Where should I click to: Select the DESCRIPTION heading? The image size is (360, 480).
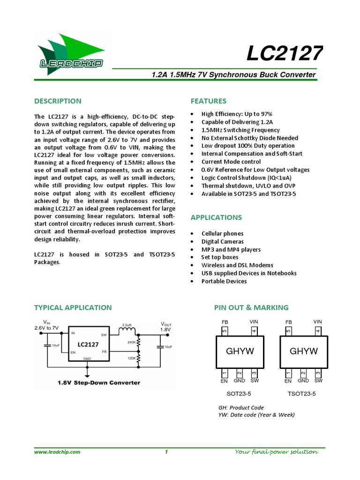[58, 101]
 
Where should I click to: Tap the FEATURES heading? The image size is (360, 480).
[208, 101]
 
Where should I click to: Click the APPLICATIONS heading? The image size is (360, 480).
[216, 217]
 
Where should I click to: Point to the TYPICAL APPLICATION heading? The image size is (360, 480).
[73, 307]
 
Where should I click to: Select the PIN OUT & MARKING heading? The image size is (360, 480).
[251, 307]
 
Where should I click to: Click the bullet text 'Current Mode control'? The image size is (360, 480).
[231, 162]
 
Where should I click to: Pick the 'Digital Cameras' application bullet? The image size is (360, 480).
[222, 241]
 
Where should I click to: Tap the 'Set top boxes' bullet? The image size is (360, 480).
[219, 257]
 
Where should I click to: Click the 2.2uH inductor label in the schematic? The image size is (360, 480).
[127, 324]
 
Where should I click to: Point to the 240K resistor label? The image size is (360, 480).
[131, 343]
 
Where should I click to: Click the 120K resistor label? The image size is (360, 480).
[131, 359]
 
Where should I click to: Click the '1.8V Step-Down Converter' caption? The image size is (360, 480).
[98, 382]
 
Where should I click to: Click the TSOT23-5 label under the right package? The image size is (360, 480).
[301, 394]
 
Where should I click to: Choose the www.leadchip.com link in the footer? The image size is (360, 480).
[57, 452]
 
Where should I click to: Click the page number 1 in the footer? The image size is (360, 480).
[166, 452]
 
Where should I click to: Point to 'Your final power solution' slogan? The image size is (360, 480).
[276, 452]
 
